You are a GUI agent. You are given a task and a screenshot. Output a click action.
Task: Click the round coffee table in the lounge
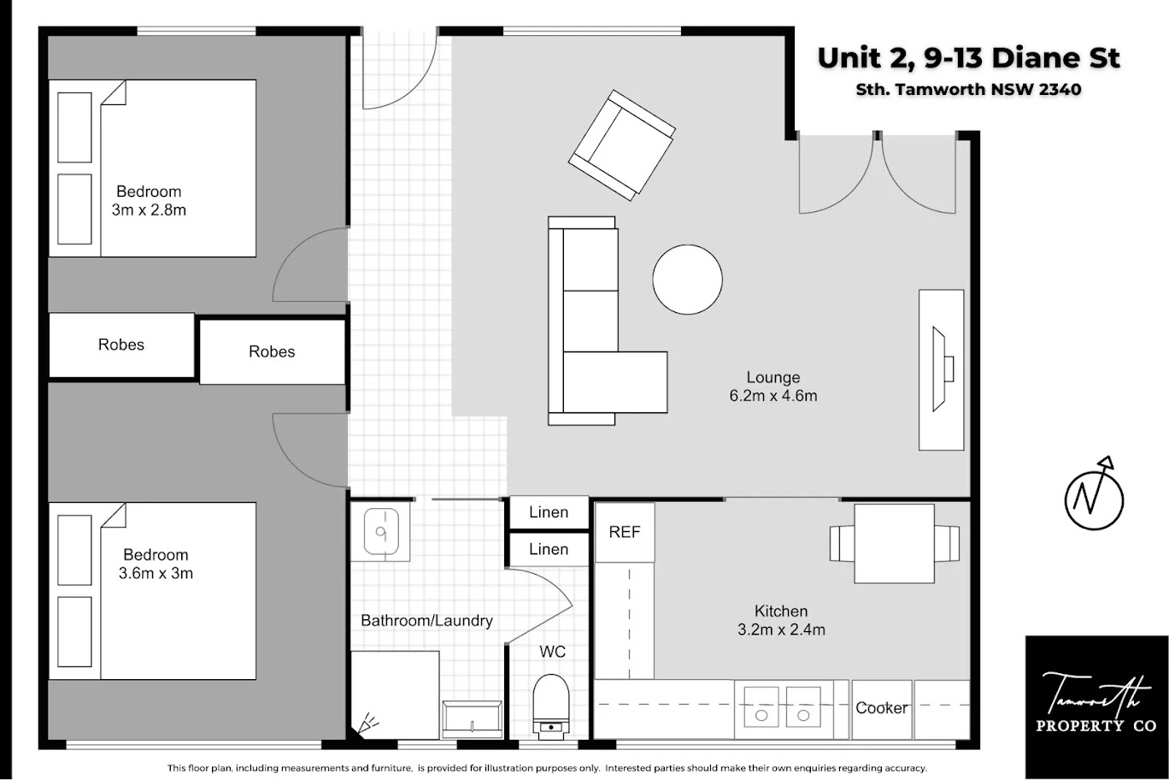point(687,280)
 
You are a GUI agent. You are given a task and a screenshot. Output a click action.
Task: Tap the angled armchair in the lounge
point(622,145)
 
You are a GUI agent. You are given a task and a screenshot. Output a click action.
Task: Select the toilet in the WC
point(551,706)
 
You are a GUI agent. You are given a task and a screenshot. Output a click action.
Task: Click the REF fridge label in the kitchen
point(624,532)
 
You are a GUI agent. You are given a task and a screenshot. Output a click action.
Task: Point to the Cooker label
point(881,708)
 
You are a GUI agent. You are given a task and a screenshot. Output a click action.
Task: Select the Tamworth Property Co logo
point(1096,706)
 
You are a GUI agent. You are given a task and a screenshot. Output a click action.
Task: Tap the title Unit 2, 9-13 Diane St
point(968,58)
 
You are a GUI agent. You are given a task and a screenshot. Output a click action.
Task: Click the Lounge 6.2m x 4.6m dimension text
point(772,386)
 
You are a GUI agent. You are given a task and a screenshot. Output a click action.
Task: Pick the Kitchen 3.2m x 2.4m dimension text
point(781,620)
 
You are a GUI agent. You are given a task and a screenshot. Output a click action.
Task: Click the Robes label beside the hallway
point(272,352)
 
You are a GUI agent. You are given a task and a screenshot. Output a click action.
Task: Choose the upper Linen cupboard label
point(549,512)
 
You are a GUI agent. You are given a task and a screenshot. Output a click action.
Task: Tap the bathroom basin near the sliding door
point(381,531)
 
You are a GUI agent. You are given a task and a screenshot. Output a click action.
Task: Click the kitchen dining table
point(894,543)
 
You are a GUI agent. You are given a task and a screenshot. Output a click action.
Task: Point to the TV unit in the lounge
point(941,369)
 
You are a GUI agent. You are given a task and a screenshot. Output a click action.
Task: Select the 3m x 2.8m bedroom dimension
point(149,210)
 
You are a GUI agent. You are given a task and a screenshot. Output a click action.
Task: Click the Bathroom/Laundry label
point(427,621)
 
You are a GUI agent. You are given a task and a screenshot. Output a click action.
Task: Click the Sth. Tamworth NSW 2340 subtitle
point(968,89)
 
